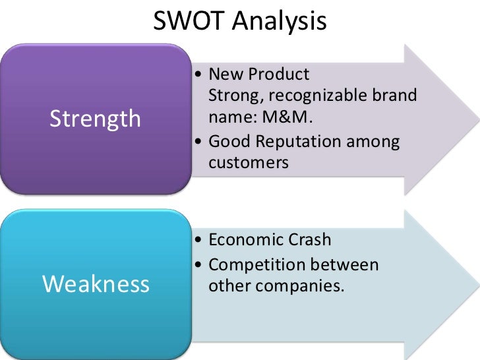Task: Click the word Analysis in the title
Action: pyautogui.click(x=279, y=22)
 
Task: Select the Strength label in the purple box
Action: pyautogui.click(x=95, y=119)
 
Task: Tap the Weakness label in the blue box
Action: pyautogui.click(x=95, y=284)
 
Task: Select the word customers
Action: pyautogui.click(x=249, y=163)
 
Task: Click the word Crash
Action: pyautogui.click(x=310, y=240)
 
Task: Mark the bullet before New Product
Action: pyautogui.click(x=200, y=73)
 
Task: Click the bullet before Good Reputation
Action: pyautogui.click(x=200, y=141)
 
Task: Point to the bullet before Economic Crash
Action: pyautogui.click(x=200, y=240)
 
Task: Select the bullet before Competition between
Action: pyautogui.click(x=200, y=264)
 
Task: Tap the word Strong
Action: pyautogui.click(x=231, y=96)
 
